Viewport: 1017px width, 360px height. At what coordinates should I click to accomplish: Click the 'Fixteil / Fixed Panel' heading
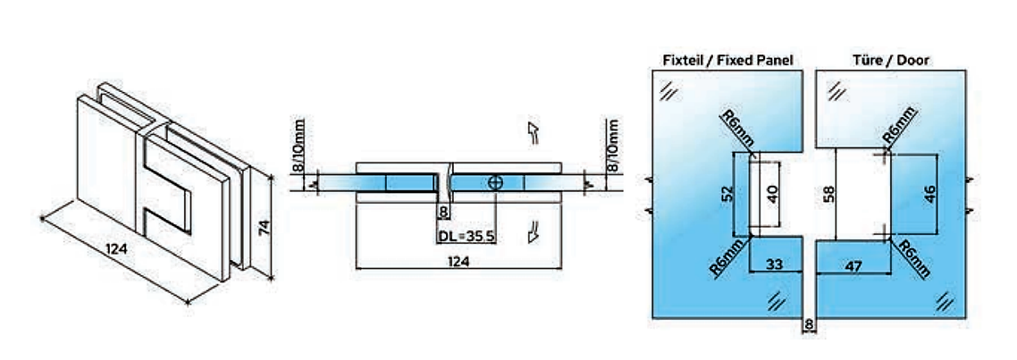click(x=727, y=61)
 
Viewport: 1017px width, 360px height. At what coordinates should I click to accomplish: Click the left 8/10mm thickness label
click(x=301, y=147)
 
